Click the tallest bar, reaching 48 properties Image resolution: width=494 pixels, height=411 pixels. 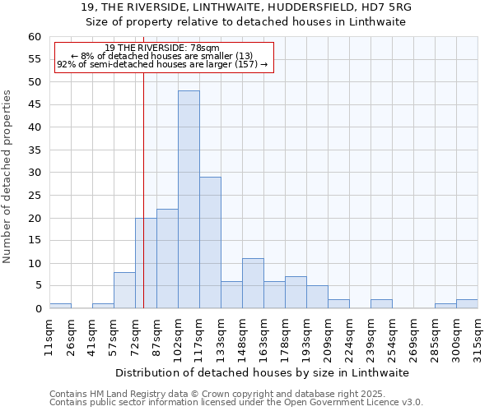tap(189, 200)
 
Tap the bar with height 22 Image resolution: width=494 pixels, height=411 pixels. tap(167, 259)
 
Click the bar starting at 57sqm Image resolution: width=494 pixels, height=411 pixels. tap(124, 290)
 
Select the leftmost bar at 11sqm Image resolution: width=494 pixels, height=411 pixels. tap(60, 306)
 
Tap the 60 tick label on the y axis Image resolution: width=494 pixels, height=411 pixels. tap(34, 37)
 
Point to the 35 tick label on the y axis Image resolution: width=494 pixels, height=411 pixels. tap(34, 150)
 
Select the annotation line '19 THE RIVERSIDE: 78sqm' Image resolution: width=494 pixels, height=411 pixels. tap(162, 48)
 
